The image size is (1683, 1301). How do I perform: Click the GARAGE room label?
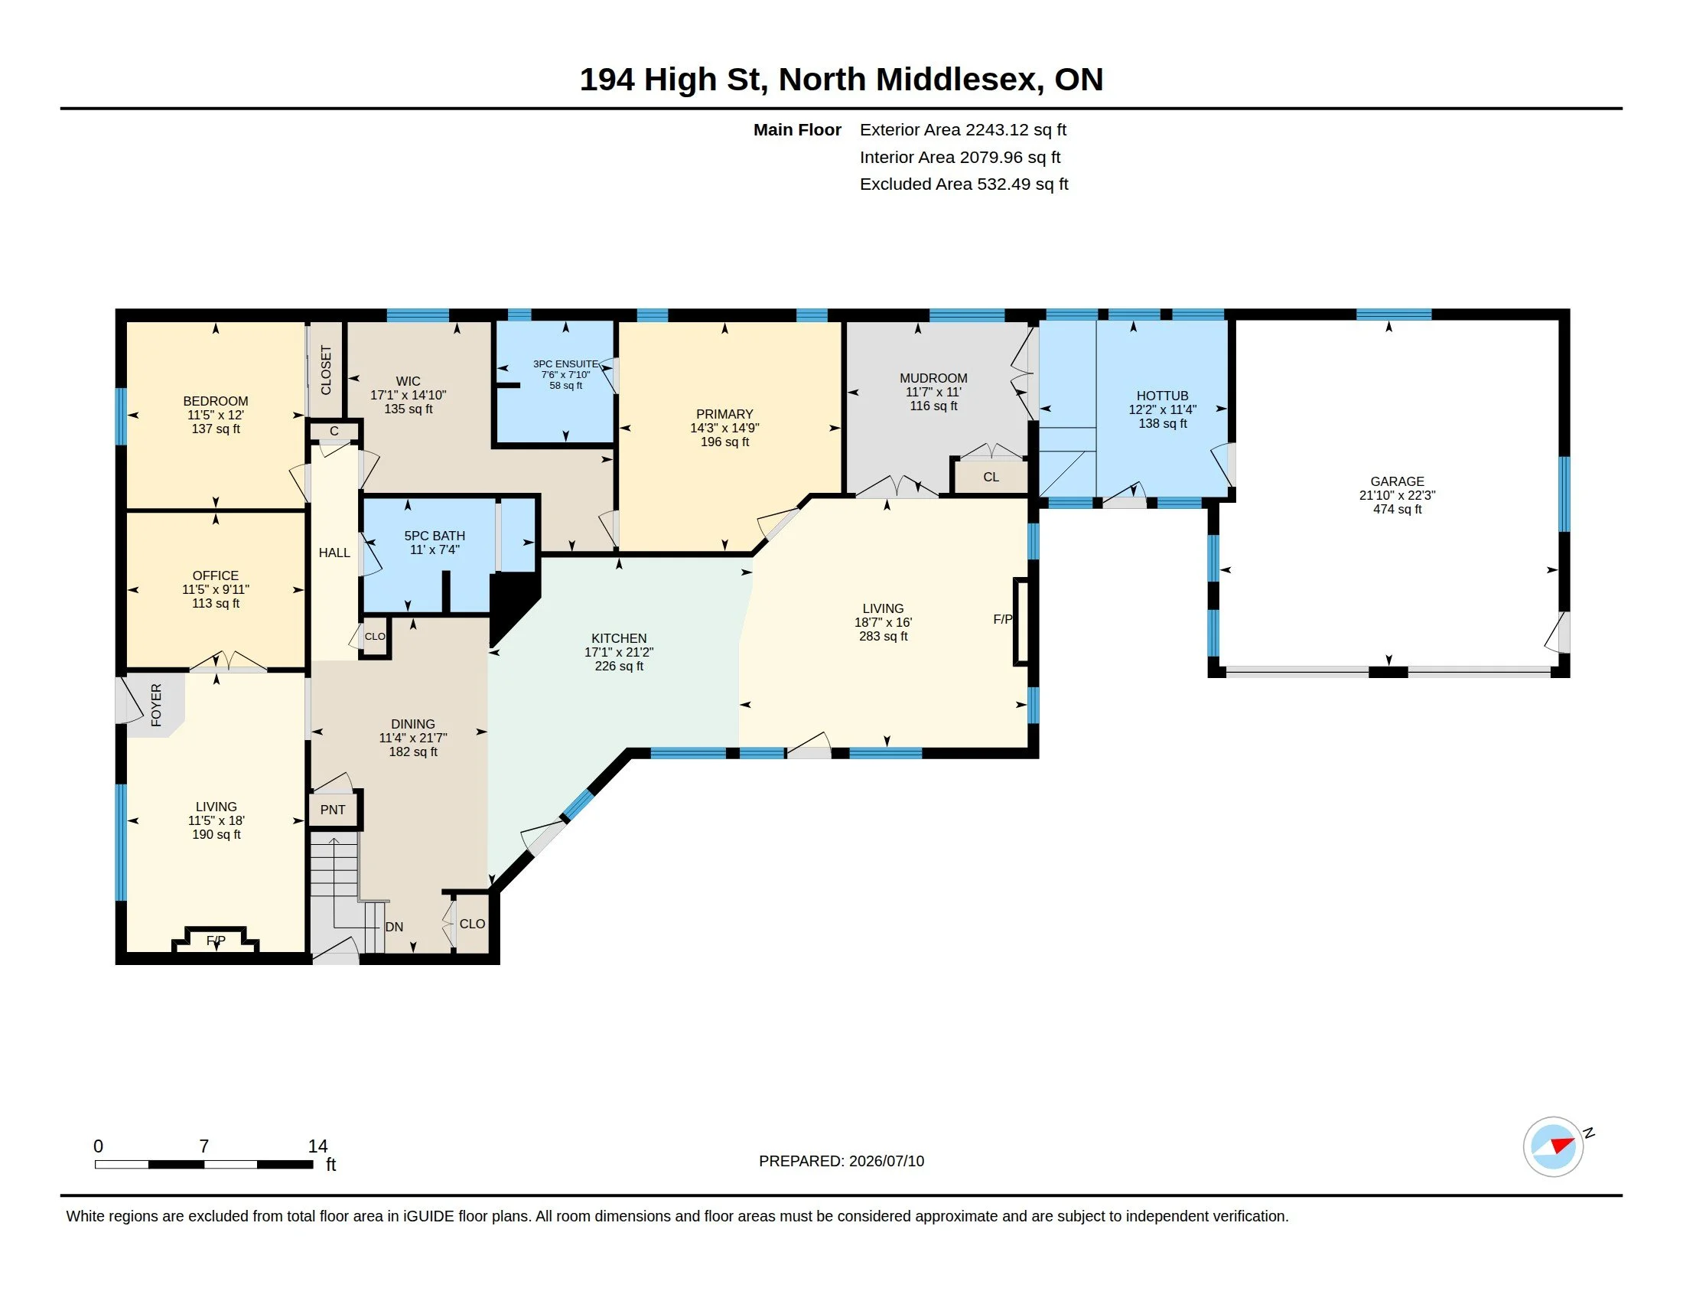(1397, 481)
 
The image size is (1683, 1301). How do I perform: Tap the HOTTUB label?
(1162, 396)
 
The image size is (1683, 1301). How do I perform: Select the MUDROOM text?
(933, 377)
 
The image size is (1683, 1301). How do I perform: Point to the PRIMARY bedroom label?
(724, 414)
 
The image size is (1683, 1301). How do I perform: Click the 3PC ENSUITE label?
(565, 364)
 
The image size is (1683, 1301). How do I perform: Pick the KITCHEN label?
(619, 638)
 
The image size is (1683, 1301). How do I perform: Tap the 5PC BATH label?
(435, 536)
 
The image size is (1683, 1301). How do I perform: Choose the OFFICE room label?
(216, 576)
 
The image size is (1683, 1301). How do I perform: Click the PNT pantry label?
(333, 809)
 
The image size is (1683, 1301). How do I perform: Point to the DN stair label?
(394, 927)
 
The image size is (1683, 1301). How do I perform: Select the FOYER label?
(156, 704)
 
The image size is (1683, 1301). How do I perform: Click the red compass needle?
(1562, 1145)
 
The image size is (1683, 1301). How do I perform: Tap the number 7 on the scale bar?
(204, 1146)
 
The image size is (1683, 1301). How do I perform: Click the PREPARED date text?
(841, 1161)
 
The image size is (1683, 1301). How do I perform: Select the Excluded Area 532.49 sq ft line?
(964, 184)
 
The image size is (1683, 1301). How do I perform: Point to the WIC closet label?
(409, 381)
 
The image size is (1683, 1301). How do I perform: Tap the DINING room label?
(413, 724)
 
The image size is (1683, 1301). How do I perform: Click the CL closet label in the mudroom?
(991, 477)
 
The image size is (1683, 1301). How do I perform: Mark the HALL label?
(334, 553)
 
